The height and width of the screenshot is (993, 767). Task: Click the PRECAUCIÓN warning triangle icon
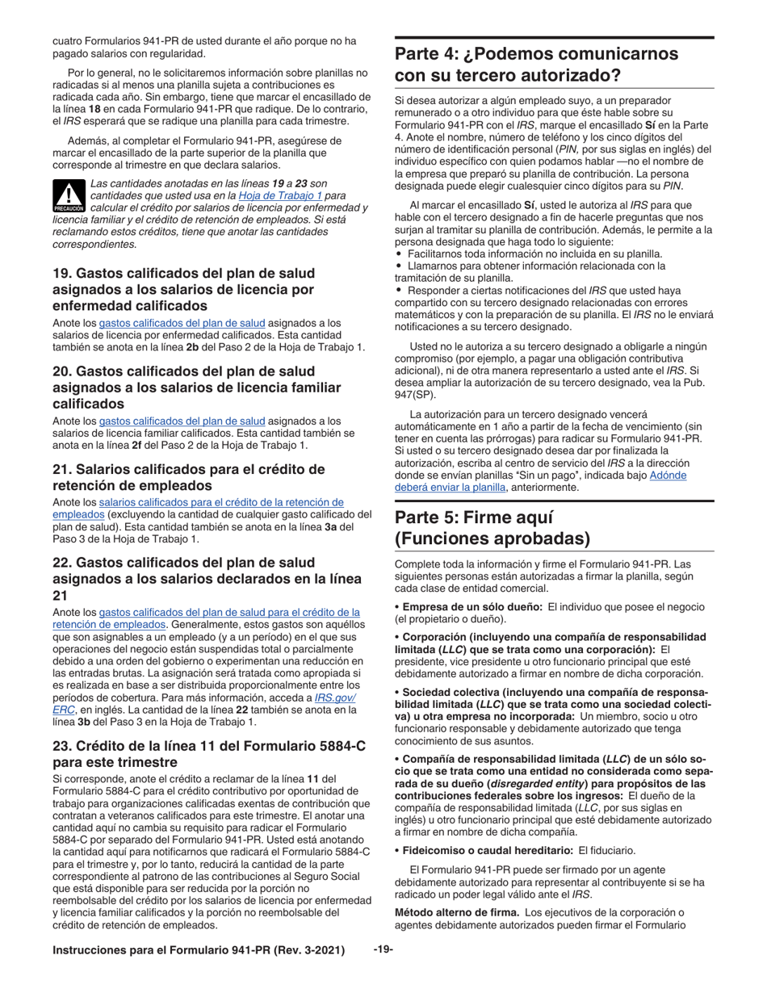tap(69, 195)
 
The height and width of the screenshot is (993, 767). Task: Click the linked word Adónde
tap(668, 475)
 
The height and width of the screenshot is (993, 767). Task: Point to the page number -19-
tap(383, 950)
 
